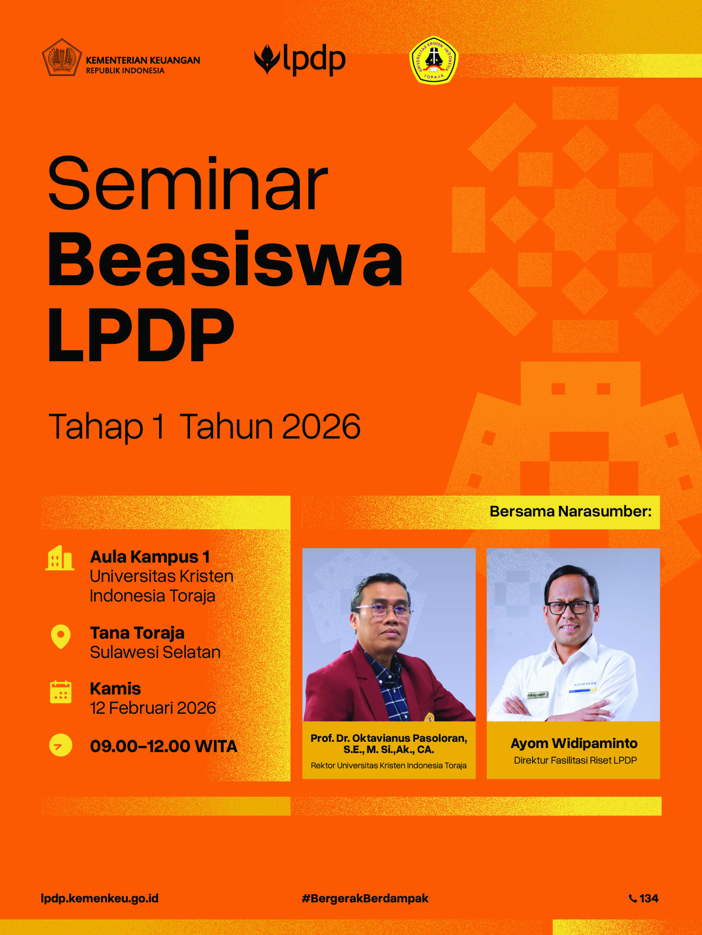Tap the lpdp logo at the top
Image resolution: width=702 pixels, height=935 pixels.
click(x=299, y=60)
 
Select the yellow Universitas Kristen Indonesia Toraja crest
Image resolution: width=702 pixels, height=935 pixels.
click(x=434, y=60)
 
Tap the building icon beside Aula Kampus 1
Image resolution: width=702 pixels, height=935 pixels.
click(x=60, y=558)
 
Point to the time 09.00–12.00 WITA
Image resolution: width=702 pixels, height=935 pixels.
click(x=164, y=746)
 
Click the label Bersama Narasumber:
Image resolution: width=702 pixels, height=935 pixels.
click(x=570, y=511)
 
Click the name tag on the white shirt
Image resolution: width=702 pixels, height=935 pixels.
click(x=536, y=694)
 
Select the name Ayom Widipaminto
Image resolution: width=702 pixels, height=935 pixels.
click(x=574, y=743)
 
